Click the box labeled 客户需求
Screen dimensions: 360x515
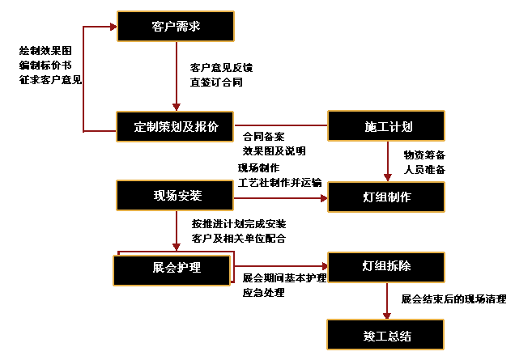click(x=176, y=27)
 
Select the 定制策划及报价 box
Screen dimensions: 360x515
click(x=175, y=126)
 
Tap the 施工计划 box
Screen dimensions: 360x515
click(x=385, y=126)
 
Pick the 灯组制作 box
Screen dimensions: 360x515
click(x=385, y=197)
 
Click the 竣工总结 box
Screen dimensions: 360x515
click(x=385, y=333)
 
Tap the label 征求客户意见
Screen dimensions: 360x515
click(x=50, y=79)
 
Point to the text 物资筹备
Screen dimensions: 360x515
click(x=424, y=155)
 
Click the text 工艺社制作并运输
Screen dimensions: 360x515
click(x=279, y=182)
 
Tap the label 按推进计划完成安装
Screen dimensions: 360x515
click(x=239, y=223)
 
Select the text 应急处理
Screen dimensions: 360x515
click(x=264, y=292)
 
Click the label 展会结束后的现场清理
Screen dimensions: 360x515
click(x=453, y=299)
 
